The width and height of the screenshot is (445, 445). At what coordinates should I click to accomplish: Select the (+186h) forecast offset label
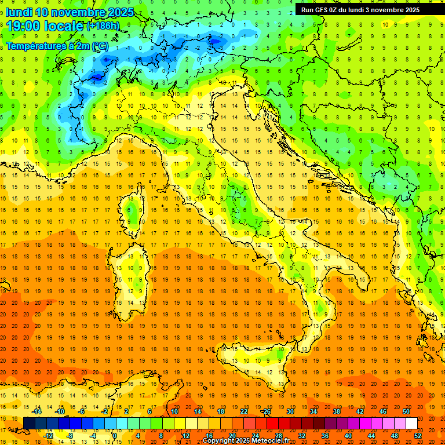103,26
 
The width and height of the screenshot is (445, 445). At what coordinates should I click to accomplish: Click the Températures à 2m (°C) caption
57,45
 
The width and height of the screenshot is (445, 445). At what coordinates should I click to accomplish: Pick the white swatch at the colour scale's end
411,423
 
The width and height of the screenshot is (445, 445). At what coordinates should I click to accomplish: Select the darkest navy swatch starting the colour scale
29,423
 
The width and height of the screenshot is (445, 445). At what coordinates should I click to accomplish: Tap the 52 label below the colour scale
418,435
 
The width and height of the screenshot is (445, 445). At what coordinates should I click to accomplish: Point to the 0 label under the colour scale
114,435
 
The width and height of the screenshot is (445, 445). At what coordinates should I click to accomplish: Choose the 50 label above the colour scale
406,411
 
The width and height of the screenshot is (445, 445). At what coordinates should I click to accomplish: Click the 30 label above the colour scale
290,411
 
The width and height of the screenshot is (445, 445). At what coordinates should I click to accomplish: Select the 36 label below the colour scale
324,435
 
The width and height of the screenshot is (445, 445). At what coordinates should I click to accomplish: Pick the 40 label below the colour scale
348,435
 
